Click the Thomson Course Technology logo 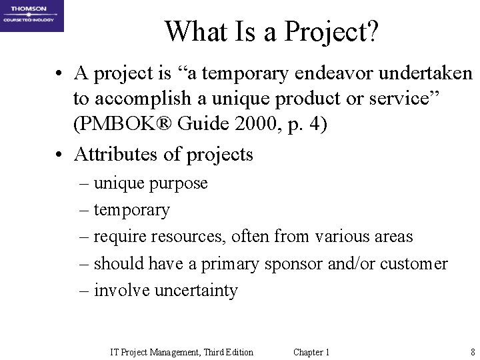[32, 16]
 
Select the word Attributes [117, 155]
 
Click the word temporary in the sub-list [132, 210]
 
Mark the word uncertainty [197, 291]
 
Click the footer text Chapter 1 [311, 352]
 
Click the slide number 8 [472, 352]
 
